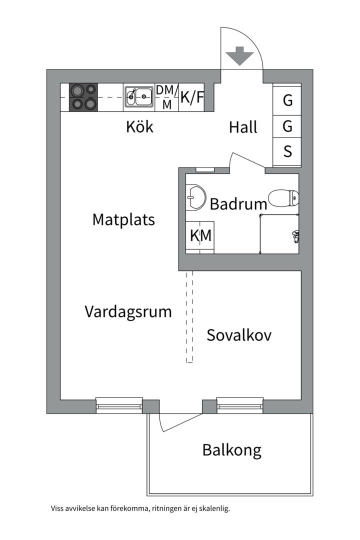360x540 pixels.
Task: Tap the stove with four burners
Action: tap(82, 97)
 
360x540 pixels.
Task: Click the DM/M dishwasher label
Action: tap(166, 97)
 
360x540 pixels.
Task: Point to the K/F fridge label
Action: tap(192, 97)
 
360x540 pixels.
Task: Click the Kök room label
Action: tap(139, 127)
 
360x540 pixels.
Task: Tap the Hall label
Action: tap(243, 127)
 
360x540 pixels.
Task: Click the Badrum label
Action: tap(238, 204)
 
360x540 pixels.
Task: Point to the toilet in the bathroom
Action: tap(282, 198)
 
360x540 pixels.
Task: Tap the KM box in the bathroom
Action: tap(200, 235)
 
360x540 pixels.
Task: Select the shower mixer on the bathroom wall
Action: tap(295, 235)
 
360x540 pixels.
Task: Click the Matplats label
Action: tap(123, 219)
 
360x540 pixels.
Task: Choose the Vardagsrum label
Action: tap(128, 312)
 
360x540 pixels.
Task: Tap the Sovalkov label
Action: tap(239, 335)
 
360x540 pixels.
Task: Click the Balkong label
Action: tap(231, 450)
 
